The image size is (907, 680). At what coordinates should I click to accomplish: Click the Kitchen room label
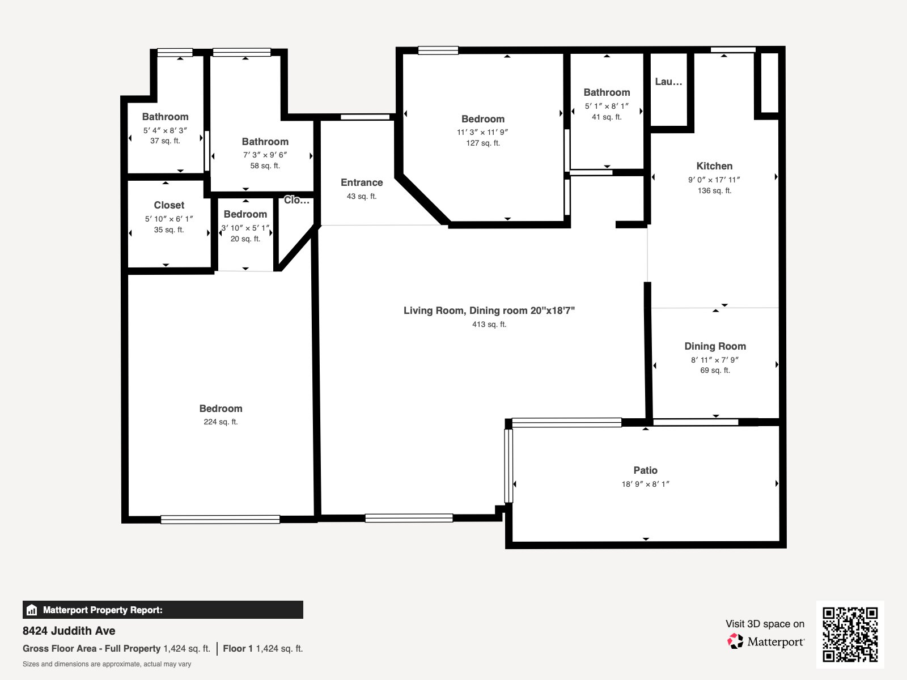pyautogui.click(x=714, y=166)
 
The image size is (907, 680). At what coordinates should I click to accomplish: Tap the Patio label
pyautogui.click(x=645, y=470)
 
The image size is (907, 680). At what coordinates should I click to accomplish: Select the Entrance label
pyautogui.click(x=362, y=182)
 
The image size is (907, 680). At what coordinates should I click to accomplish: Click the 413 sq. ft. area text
pyautogui.click(x=489, y=325)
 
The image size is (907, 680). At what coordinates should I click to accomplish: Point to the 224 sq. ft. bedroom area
pyautogui.click(x=221, y=422)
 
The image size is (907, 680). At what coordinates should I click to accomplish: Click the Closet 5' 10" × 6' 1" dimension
pyautogui.click(x=169, y=219)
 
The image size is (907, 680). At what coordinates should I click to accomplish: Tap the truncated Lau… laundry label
pyautogui.click(x=668, y=82)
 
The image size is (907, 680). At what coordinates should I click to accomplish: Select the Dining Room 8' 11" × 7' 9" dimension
pyautogui.click(x=715, y=360)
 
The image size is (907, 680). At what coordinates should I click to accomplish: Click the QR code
pyautogui.click(x=850, y=634)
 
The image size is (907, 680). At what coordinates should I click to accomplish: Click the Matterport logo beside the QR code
pyautogui.click(x=766, y=641)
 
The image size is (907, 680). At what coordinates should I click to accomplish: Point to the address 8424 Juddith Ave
pyautogui.click(x=69, y=631)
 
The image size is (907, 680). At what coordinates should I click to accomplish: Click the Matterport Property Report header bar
pyautogui.click(x=163, y=610)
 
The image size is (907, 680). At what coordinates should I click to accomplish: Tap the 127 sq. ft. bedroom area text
pyautogui.click(x=483, y=143)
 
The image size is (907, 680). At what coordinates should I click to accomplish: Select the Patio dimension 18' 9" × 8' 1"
pyautogui.click(x=646, y=484)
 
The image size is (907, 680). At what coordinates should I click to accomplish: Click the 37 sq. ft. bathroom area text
pyautogui.click(x=165, y=141)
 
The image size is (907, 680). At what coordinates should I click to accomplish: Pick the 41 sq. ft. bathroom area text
pyautogui.click(x=607, y=117)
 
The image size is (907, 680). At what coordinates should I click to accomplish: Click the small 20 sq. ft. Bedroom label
pyautogui.click(x=245, y=214)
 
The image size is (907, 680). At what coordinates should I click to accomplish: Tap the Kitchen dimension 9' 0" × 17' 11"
pyautogui.click(x=714, y=180)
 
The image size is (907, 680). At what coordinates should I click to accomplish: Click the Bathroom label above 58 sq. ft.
pyautogui.click(x=265, y=142)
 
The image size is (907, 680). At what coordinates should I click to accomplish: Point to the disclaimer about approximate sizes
pyautogui.click(x=107, y=664)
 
